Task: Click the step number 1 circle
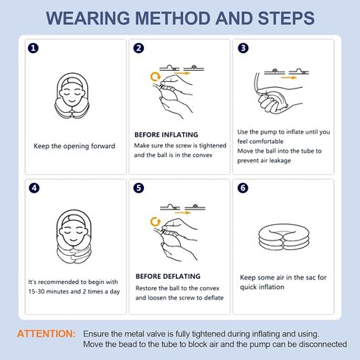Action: pyautogui.click(x=33, y=48)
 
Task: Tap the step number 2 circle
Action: pyautogui.click(x=139, y=48)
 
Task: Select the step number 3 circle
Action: pyautogui.click(x=243, y=48)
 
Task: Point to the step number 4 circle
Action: pyautogui.click(x=34, y=188)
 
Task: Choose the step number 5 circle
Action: pyautogui.click(x=139, y=188)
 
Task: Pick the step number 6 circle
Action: pyautogui.click(x=243, y=188)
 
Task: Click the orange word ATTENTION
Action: pyautogui.click(x=46, y=334)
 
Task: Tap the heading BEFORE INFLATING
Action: pyautogui.click(x=166, y=135)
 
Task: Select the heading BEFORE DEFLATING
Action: pyautogui.click(x=168, y=276)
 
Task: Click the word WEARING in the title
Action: pyautogui.click(x=88, y=18)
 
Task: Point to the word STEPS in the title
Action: pyautogui.click(x=286, y=18)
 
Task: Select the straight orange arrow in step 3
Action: pyautogui.click(x=289, y=77)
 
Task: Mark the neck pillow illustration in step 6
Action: pyautogui.click(x=284, y=238)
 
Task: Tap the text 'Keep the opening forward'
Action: pyautogui.click(x=75, y=146)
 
